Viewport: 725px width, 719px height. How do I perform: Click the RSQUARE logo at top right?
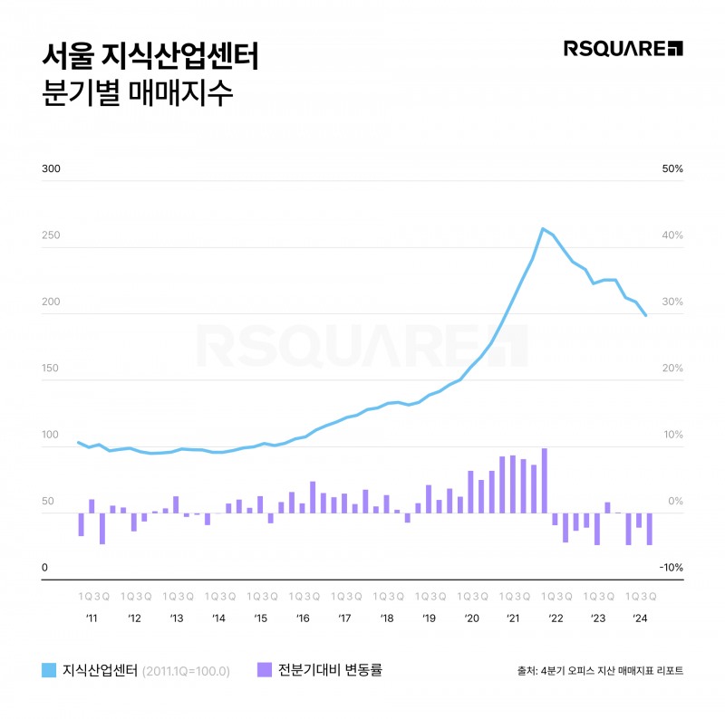(623, 48)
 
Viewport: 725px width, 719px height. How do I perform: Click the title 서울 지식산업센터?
(151, 56)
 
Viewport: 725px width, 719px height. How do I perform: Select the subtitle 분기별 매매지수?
(138, 95)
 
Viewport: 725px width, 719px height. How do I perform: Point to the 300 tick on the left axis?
(51, 169)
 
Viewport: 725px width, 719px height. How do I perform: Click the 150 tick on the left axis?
(51, 369)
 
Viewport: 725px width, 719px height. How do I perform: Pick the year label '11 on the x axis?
(92, 618)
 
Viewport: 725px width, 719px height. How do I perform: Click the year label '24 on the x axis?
(639, 618)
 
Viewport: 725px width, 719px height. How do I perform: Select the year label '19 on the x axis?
(429, 618)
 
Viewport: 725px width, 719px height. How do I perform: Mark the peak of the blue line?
(542, 228)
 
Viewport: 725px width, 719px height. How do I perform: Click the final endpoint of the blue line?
(645, 315)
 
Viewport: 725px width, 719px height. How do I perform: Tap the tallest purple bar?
(545, 480)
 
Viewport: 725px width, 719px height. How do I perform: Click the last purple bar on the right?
(649, 529)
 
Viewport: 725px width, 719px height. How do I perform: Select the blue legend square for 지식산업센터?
(50, 670)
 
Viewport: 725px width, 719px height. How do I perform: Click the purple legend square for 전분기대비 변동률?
(265, 670)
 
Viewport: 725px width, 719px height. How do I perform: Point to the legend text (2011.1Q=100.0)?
(187, 671)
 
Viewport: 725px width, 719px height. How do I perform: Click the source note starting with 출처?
(599, 671)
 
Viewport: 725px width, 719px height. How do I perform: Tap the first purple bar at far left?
(81, 524)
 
